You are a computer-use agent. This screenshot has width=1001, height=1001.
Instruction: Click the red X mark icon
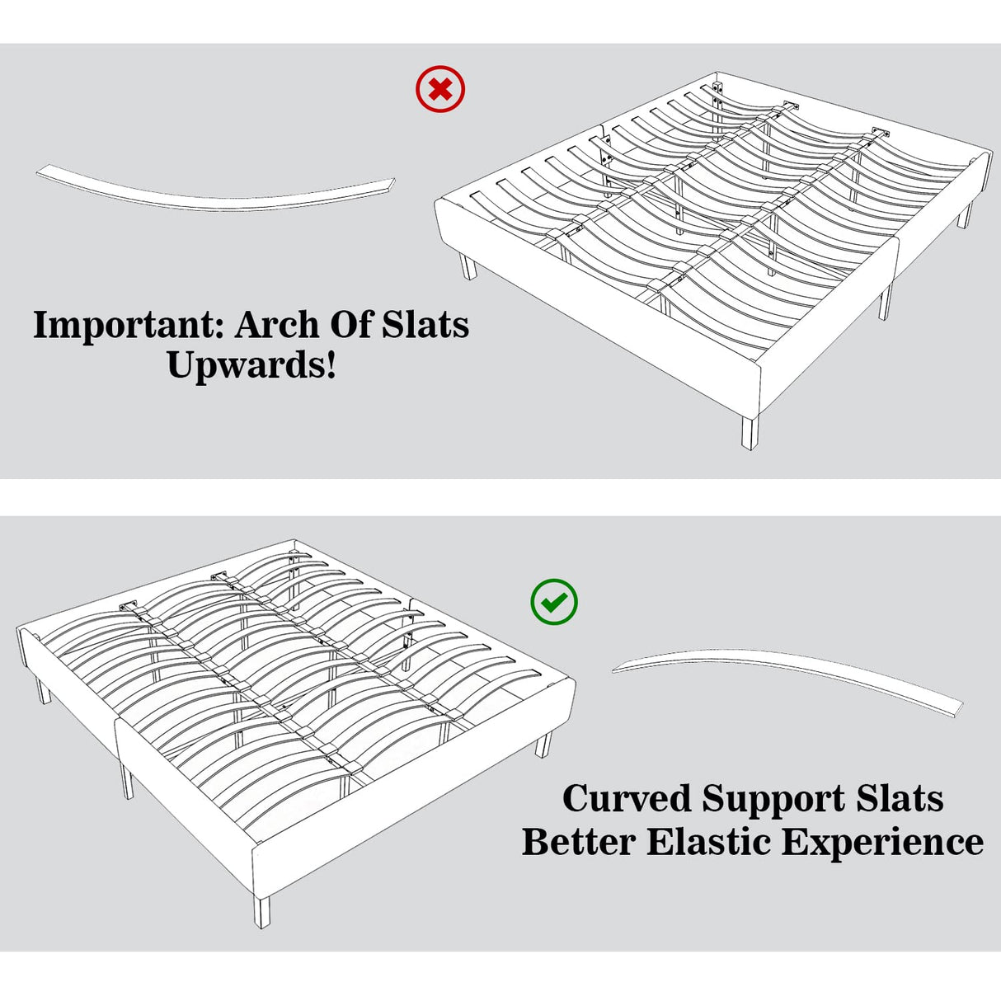[x=440, y=89]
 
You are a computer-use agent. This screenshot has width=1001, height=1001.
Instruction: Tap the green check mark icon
[x=554, y=602]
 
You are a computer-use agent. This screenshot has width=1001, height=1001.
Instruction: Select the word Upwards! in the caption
[x=251, y=364]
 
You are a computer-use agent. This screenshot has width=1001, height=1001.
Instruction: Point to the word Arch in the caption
[x=276, y=325]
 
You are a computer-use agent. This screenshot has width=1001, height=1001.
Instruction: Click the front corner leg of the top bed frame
[x=748, y=432]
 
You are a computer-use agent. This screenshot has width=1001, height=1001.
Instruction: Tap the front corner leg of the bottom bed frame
[x=261, y=910]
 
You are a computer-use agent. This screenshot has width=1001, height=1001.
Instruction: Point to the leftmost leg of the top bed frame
[x=468, y=267]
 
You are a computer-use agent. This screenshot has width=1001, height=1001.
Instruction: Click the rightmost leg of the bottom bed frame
[x=543, y=745]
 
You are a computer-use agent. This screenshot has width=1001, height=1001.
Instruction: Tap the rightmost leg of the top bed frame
[x=964, y=215]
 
